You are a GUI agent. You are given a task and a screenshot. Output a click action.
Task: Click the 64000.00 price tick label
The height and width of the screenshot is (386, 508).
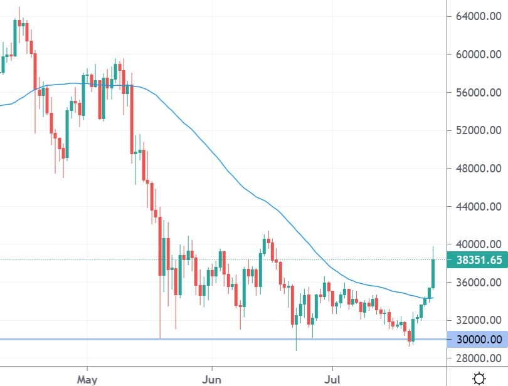tap(478, 16)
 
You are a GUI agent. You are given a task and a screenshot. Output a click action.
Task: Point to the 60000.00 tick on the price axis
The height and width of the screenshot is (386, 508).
tap(478, 55)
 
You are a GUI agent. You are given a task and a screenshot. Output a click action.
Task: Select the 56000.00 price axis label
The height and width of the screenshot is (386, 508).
tap(478, 93)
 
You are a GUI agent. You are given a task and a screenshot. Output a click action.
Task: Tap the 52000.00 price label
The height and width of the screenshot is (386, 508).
tap(478, 130)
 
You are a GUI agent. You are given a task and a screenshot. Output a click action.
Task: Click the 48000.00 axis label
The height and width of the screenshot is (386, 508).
tap(478, 169)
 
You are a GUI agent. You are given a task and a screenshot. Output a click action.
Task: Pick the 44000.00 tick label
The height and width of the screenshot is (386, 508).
tap(478, 207)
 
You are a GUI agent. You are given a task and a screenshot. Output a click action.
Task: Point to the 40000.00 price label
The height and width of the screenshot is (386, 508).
tap(478, 244)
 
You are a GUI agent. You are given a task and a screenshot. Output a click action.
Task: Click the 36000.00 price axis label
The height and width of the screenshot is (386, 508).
tap(478, 283)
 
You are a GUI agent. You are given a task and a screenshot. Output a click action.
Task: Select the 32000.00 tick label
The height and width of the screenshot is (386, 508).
tap(478, 320)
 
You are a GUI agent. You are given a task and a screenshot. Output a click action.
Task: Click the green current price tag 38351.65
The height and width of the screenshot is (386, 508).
tap(477, 260)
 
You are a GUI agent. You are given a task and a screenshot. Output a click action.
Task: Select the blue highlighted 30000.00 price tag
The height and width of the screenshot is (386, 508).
tap(477, 340)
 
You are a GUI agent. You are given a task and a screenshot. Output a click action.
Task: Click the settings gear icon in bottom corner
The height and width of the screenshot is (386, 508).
tap(479, 378)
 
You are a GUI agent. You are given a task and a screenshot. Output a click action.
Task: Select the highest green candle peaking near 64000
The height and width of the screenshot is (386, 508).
tap(15, 38)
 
